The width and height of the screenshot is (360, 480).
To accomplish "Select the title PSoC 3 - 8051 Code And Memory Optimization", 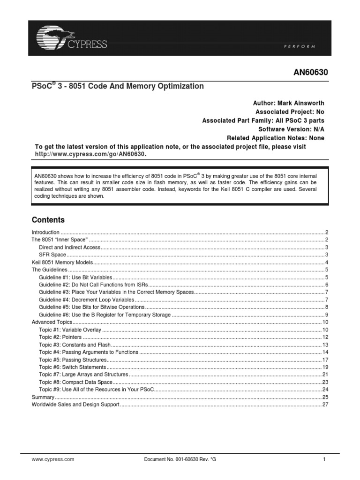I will click(x=118, y=86).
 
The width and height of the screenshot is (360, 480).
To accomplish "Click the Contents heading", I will click(x=48, y=220).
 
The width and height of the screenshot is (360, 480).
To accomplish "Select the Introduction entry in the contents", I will click(x=45, y=232).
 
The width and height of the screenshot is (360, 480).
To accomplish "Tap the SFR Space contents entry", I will click(x=52, y=255).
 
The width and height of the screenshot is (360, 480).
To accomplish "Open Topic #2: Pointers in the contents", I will click(x=60, y=337).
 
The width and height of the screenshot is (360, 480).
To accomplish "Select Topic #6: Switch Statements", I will click(x=73, y=367).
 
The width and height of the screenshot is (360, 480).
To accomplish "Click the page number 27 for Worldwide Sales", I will click(x=324, y=405).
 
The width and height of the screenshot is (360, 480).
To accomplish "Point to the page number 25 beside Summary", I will click(x=324, y=397).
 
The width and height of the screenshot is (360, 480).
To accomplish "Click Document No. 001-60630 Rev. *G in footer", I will click(x=180, y=460).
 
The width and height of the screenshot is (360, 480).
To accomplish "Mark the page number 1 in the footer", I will click(x=324, y=460).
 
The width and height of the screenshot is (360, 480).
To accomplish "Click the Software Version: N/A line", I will click(x=291, y=129).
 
